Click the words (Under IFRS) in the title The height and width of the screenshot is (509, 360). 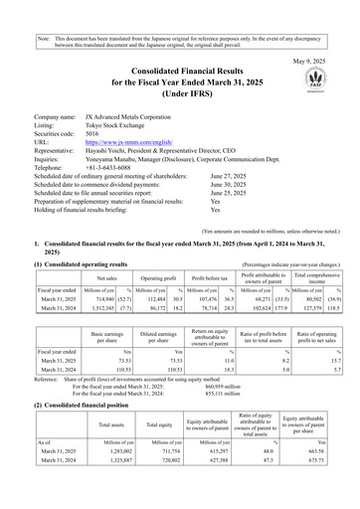point(180,81)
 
